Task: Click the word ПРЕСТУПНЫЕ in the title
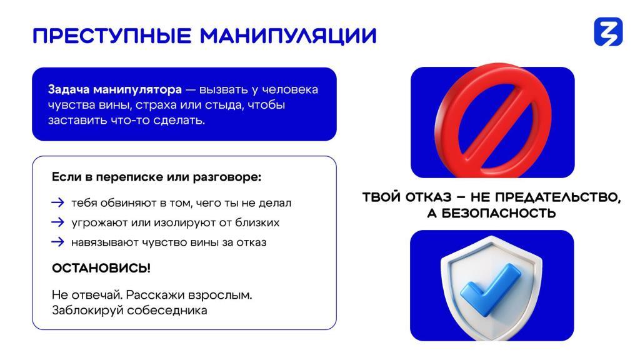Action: pos(112,36)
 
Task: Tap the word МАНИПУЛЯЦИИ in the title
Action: pos(288,36)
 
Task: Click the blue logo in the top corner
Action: pos(608,31)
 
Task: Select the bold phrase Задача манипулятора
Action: pos(115,89)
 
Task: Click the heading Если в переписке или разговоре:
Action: pos(156,177)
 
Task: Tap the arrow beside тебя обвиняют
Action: pos(57,202)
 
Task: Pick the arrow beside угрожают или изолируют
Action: pos(57,222)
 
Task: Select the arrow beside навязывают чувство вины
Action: pos(57,242)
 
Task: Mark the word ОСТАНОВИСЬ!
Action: pos(101,268)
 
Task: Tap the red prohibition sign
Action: pos(494,121)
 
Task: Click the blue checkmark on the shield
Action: pos(490,289)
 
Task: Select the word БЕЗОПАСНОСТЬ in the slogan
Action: pos(499,213)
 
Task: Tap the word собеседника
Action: pos(167,310)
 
